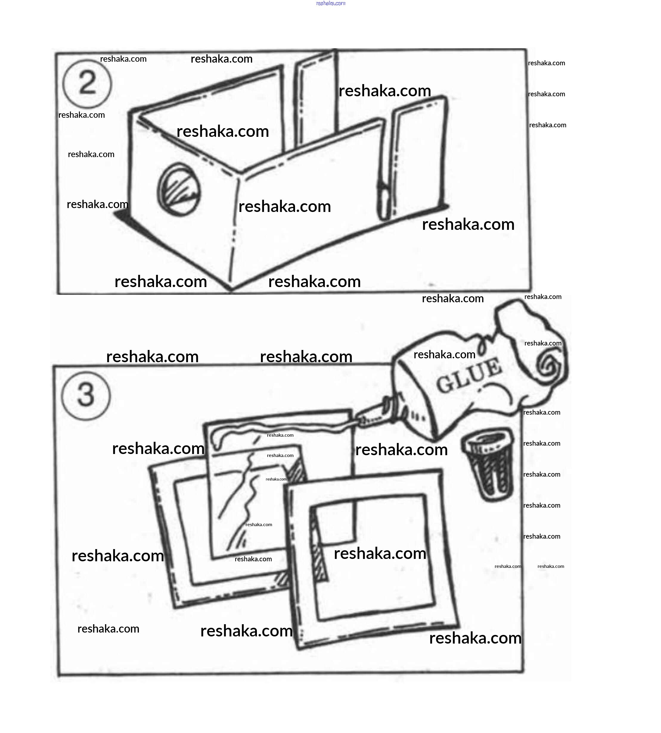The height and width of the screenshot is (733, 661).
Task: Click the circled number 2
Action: (x=87, y=83)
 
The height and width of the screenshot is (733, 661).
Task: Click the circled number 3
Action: (x=86, y=395)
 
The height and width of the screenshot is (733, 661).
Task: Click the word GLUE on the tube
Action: (x=469, y=376)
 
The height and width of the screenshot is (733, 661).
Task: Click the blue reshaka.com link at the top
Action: (x=331, y=3)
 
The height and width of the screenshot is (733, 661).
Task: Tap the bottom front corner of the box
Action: (x=231, y=289)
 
